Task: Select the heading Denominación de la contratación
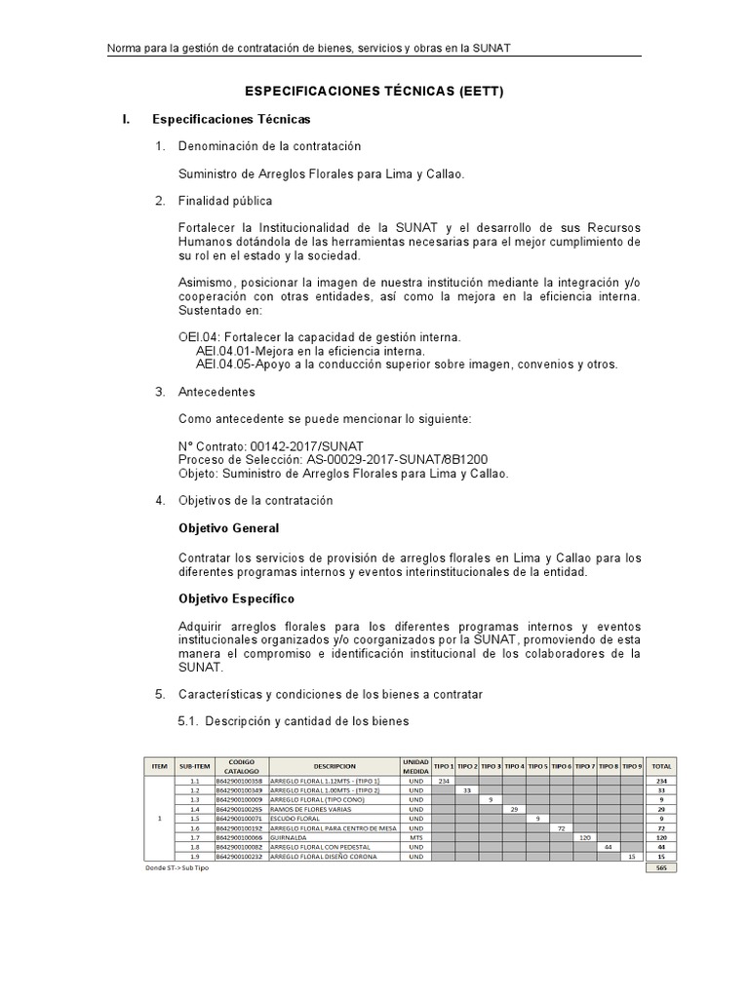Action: tap(269, 146)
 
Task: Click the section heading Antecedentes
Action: tap(217, 392)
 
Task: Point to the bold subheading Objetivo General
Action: tap(228, 528)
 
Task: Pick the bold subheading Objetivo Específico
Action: tap(236, 597)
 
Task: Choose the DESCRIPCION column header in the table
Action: tap(335, 766)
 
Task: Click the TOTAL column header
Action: tap(661, 766)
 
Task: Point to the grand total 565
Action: tap(661, 866)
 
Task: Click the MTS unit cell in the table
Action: tap(415, 837)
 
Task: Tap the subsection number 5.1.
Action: tap(188, 721)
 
